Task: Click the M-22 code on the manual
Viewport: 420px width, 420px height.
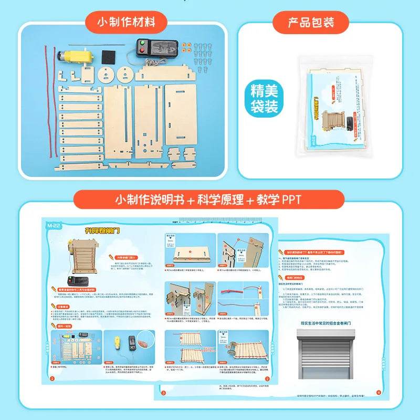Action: click(51, 225)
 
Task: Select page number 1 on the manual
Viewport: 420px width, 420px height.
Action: click(51, 378)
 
